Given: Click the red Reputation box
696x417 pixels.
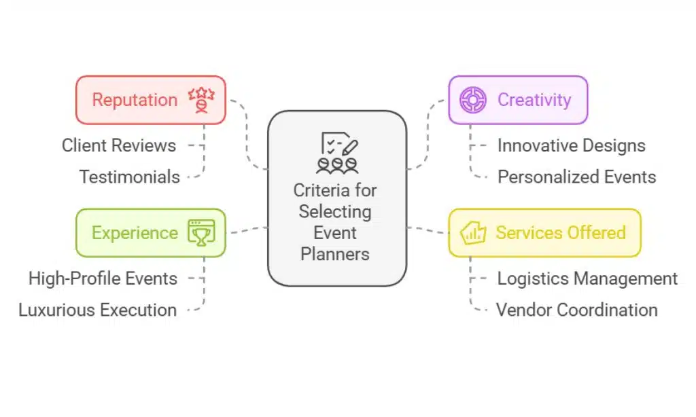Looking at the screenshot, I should [150, 100].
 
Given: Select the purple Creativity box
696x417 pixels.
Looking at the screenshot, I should [518, 100].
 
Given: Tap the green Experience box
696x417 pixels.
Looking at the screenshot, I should [150, 233].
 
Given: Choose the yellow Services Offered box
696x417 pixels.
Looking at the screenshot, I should [544, 233].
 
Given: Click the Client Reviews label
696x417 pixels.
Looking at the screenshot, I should [119, 145].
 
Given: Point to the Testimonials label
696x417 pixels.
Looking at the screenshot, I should [129, 177].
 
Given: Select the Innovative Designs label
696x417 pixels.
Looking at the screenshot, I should [571, 145].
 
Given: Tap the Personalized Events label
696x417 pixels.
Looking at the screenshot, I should [576, 177].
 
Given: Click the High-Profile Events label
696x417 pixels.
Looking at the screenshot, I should [103, 278].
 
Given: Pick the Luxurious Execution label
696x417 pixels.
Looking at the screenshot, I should [97, 310].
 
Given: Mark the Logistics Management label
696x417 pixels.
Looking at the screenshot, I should [587, 278].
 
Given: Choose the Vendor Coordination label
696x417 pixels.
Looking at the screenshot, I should [576, 310].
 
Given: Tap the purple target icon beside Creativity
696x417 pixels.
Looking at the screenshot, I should [472, 100].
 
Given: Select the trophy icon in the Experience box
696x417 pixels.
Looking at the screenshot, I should [201, 233].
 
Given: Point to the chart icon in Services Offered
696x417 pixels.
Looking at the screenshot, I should [472, 233].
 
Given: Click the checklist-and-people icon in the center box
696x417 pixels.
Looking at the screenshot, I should [337, 153].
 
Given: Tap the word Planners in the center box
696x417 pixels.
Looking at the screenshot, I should [336, 254].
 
